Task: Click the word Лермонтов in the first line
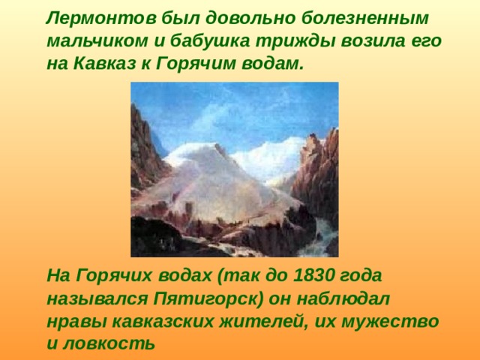pyautogui.click(x=101, y=18)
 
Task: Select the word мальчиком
pyautogui.click(x=97, y=41)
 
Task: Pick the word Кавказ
pyautogui.click(x=105, y=64)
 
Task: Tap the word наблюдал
pyautogui.click(x=343, y=298)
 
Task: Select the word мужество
pyautogui.click(x=390, y=322)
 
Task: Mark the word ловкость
pyautogui.click(x=109, y=343)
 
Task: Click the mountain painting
pyautogui.click(x=235, y=169)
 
